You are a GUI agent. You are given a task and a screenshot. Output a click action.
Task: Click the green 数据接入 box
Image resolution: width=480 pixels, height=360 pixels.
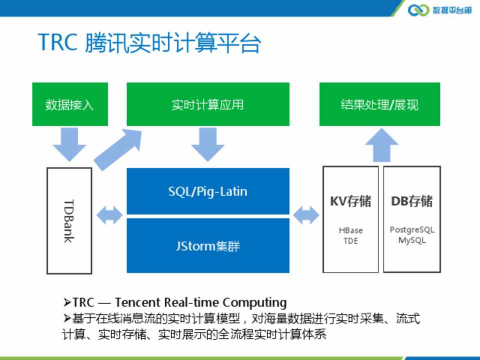[x=69, y=104]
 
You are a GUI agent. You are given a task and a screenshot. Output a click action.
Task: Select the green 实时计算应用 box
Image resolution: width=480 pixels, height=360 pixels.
[x=207, y=104]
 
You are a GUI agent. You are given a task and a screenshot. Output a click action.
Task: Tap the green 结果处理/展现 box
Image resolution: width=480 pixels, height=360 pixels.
[x=379, y=104]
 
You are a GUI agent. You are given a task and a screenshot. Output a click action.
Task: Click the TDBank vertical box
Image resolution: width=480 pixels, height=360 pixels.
[x=69, y=220]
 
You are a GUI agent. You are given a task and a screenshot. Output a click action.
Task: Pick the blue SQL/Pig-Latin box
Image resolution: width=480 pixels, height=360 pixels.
[x=207, y=191]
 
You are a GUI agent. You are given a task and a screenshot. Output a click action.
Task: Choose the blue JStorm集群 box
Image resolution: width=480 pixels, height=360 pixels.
[x=207, y=246]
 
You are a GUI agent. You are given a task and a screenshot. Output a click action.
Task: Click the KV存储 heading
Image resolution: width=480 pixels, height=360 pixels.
[x=350, y=201]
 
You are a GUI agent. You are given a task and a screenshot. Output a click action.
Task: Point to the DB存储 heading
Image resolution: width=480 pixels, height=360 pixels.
[x=412, y=201]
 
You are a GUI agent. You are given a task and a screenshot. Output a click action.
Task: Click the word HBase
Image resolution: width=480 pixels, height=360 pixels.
[x=350, y=230]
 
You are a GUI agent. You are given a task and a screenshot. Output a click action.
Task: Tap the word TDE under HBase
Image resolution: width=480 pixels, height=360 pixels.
[x=350, y=240]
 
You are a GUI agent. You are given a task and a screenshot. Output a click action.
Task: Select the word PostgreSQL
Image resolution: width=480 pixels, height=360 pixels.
[x=412, y=230]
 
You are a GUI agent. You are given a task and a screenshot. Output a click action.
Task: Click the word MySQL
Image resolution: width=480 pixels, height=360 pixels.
[x=412, y=240]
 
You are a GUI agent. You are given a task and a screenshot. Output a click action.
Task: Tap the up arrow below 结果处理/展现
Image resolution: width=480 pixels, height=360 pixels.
[x=381, y=145]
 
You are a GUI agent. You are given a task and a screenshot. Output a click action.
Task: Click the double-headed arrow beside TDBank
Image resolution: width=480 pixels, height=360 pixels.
[x=109, y=215]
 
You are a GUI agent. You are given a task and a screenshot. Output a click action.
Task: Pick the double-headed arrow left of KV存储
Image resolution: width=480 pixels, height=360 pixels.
[x=306, y=215]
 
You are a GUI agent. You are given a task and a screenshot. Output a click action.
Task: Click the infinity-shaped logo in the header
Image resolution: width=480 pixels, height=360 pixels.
[x=418, y=10]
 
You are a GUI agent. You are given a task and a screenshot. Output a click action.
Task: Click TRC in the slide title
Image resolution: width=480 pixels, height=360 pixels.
[x=57, y=43]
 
